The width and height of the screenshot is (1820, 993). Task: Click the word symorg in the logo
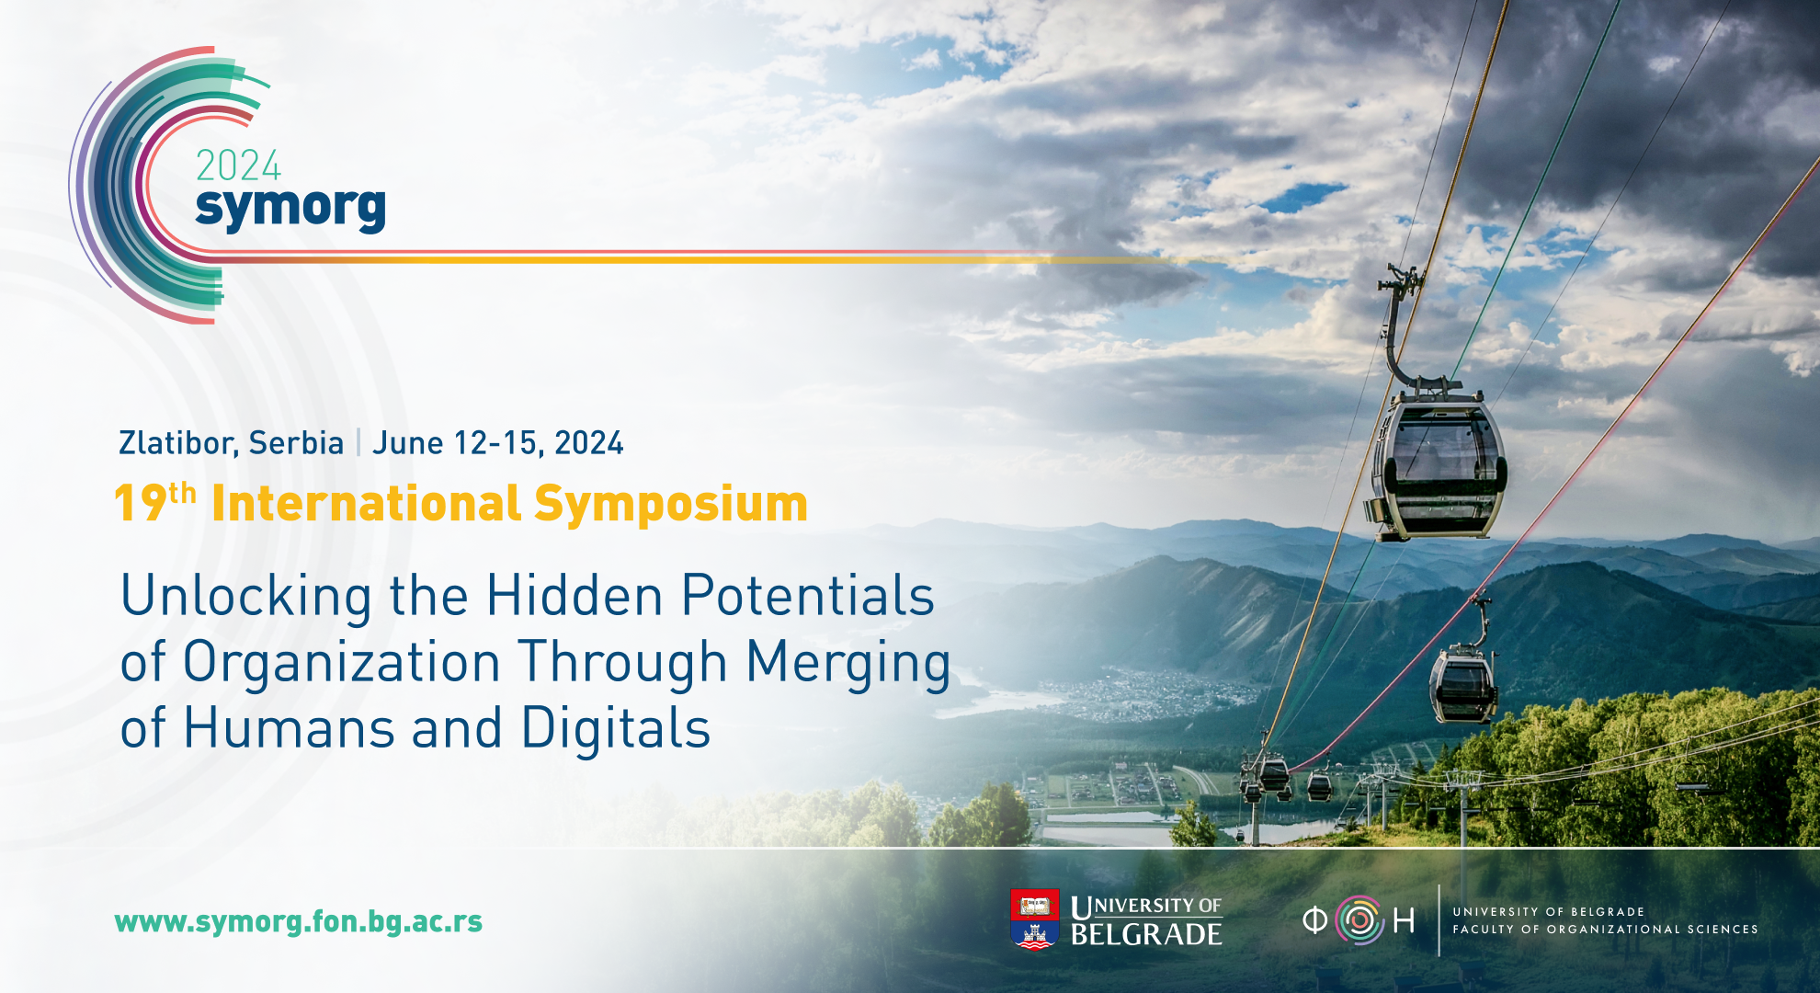tap(290, 209)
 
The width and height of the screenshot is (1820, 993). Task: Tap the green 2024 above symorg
tap(238, 165)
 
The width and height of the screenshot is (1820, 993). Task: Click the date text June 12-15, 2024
tap(497, 443)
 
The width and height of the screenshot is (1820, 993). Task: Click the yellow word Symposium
tap(670, 505)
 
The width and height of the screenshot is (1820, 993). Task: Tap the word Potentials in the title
tap(808, 595)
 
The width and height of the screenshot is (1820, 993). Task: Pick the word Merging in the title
tap(847, 664)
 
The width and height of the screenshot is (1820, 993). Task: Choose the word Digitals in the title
tap(616, 729)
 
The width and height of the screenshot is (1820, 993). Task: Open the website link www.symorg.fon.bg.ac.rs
tap(299, 921)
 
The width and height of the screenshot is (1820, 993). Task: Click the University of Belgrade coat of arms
tap(1034, 919)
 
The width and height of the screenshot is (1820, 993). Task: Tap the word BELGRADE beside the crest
tap(1146, 934)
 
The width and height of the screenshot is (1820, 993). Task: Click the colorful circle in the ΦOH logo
tap(1359, 920)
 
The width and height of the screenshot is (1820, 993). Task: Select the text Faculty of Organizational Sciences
tap(1605, 930)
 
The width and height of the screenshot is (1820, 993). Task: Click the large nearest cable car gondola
tap(1438, 464)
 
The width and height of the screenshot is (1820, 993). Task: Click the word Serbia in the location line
tap(296, 443)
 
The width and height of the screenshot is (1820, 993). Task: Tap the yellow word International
tap(367, 504)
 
